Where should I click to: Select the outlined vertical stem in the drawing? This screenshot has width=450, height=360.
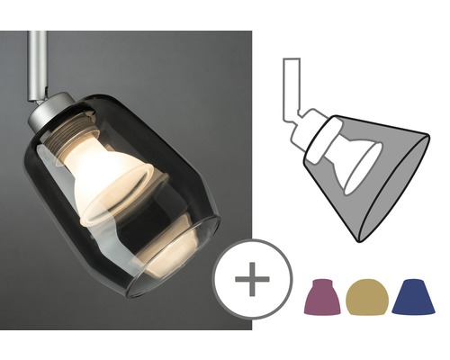292,85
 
